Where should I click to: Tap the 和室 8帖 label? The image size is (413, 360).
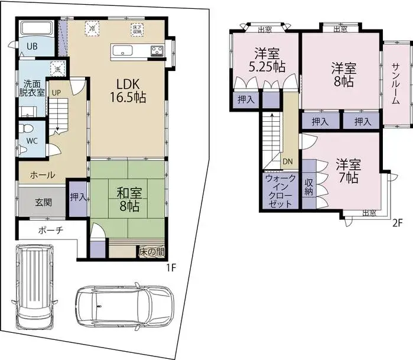point(128,199)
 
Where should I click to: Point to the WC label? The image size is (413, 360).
point(31,142)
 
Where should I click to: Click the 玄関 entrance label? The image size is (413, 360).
point(43,202)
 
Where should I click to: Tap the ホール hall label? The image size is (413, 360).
point(43,175)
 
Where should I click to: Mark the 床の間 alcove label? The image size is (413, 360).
point(151,252)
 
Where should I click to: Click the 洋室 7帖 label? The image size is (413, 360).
point(349,170)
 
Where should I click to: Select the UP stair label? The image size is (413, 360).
point(56,93)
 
